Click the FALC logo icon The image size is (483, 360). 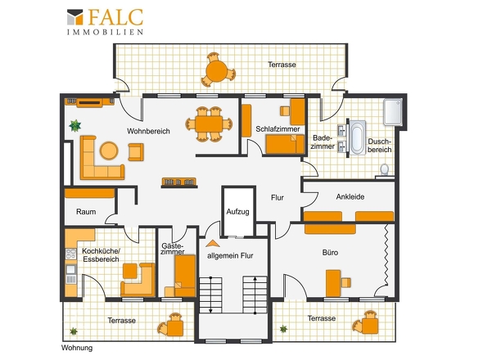pos(75,17)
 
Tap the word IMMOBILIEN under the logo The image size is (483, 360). pos(106,32)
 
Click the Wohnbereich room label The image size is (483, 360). pos(148,131)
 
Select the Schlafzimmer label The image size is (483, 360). pos(278,129)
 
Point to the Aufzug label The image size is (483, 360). pos(237,212)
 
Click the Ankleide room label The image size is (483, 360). pos(350,197)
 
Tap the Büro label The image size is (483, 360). pos(330,253)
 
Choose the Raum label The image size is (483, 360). pos(86,212)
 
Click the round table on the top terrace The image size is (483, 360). pos(217,71)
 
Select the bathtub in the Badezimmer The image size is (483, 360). pos(357,137)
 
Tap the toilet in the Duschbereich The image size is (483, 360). pos(385,169)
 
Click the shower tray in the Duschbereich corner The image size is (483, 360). pos(393,112)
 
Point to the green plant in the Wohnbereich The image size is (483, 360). pos(74,125)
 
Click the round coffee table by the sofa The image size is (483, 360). pos(109,151)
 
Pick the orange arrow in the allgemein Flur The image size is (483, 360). pos(213,244)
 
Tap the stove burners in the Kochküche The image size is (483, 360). pos(71,254)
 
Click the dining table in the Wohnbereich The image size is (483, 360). pos(210,124)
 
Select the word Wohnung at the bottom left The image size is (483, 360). pos(77,348)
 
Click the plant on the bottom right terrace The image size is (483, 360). pos(283,329)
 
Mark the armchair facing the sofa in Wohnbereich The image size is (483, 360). pos(136,152)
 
